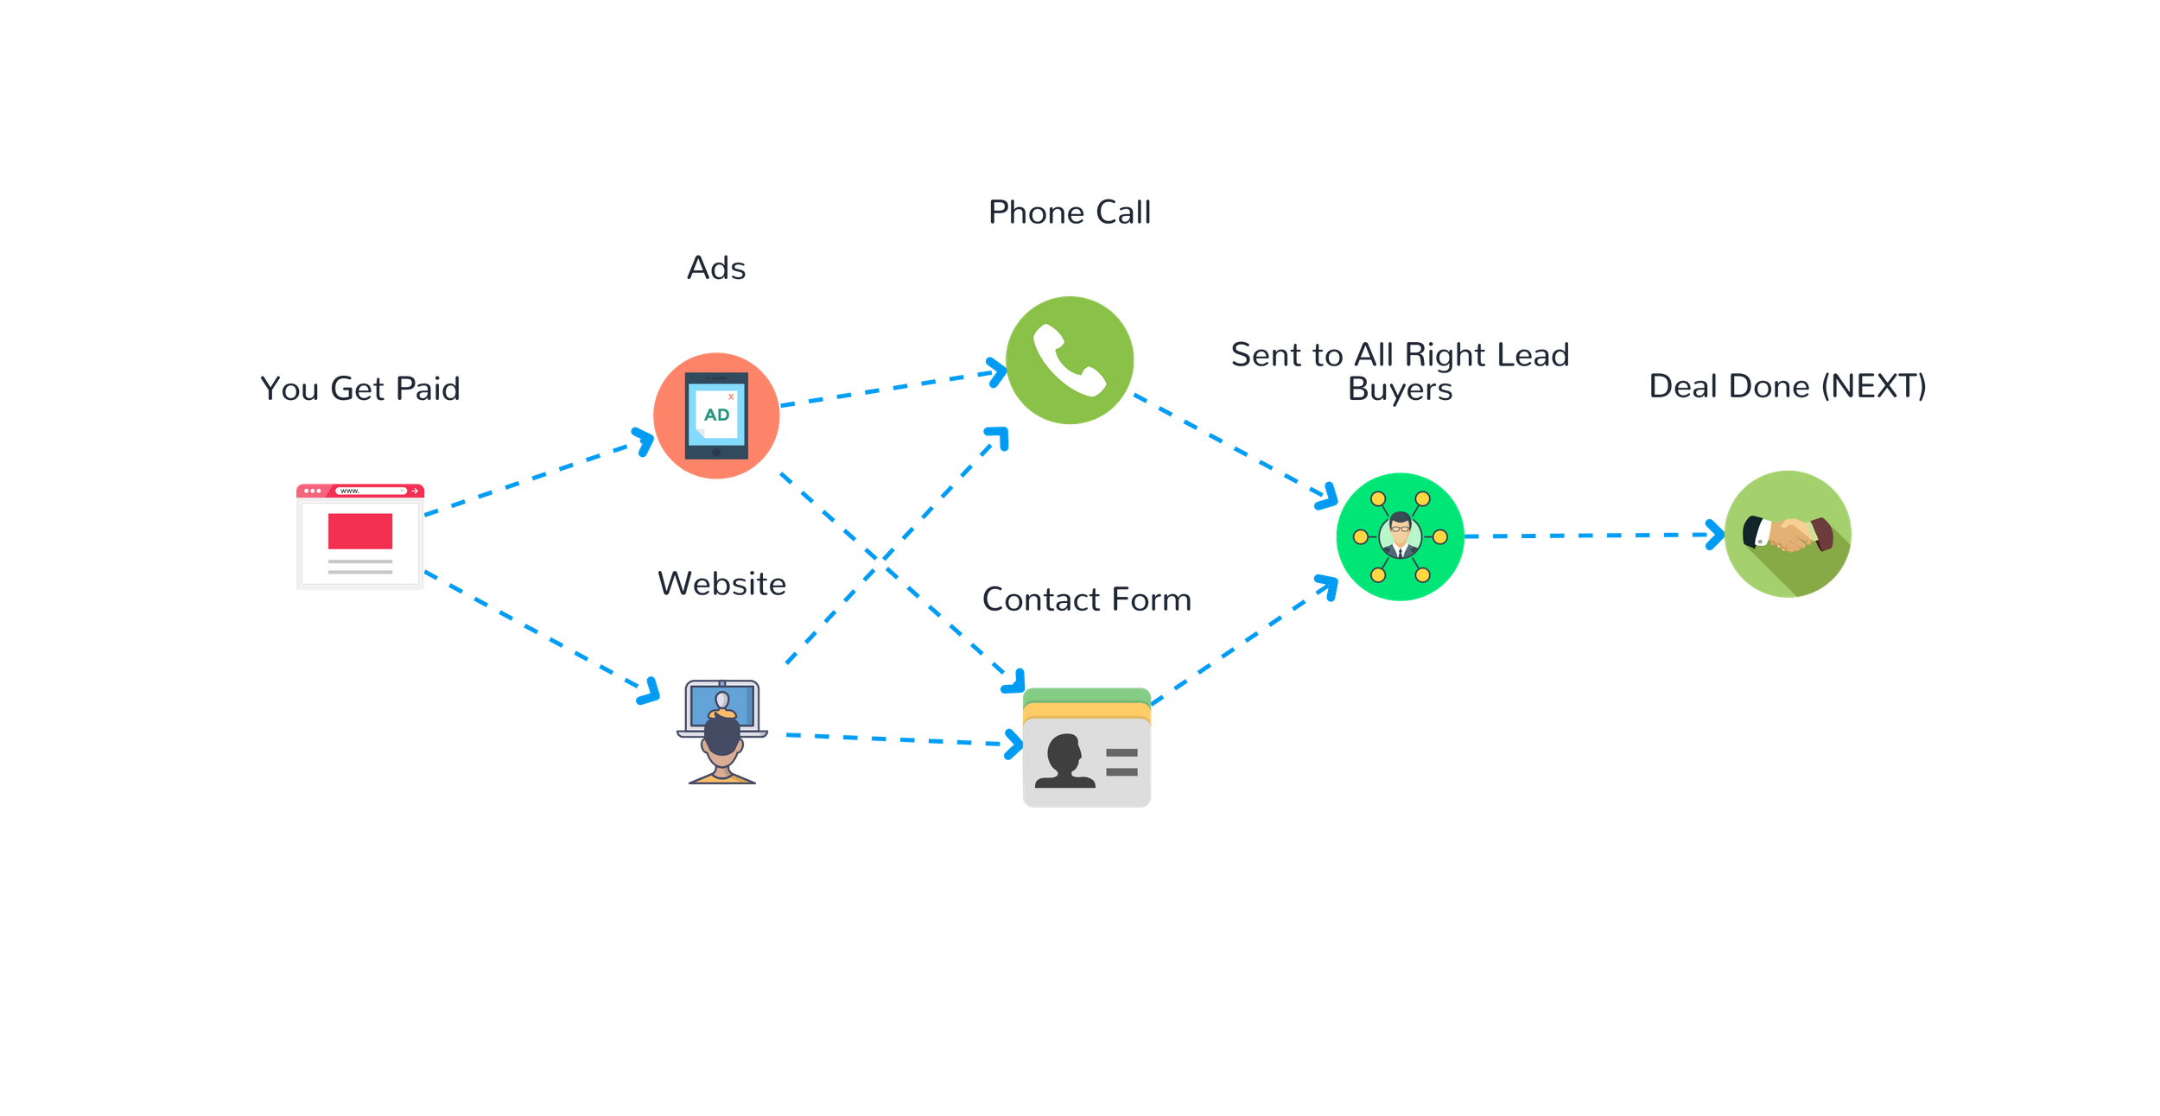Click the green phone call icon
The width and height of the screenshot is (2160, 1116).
[1070, 360]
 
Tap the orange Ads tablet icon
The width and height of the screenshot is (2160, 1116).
[716, 415]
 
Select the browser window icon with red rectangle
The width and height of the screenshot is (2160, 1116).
[360, 537]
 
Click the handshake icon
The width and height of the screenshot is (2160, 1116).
[1788, 534]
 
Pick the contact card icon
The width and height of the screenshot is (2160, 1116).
[1087, 749]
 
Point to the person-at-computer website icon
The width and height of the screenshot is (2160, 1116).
[721, 732]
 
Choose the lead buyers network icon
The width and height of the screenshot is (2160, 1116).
[1400, 536]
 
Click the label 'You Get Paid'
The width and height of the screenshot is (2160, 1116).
[360, 389]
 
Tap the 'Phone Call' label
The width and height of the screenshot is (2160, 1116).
[1070, 212]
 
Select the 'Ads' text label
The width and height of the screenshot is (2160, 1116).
[716, 269]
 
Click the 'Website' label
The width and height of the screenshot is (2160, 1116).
[721, 584]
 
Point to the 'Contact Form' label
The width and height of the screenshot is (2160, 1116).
[1087, 599]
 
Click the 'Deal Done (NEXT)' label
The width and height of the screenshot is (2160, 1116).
[1788, 386]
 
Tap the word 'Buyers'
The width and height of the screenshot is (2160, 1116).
[1400, 389]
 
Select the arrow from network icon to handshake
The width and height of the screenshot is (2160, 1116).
[1594, 536]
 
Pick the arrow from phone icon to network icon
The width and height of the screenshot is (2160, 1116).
[1236, 448]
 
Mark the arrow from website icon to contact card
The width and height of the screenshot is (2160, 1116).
[899, 739]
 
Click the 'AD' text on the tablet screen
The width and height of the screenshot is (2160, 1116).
[716, 415]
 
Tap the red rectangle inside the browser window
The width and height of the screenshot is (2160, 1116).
[360, 531]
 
